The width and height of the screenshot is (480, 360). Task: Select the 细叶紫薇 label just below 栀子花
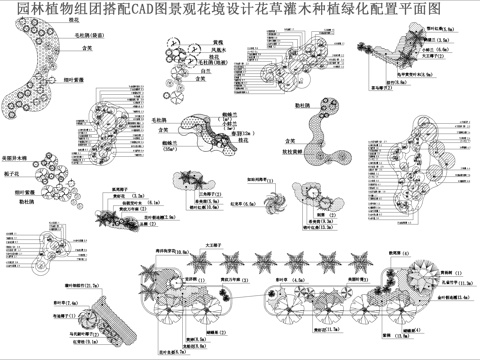coord(20,187)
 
